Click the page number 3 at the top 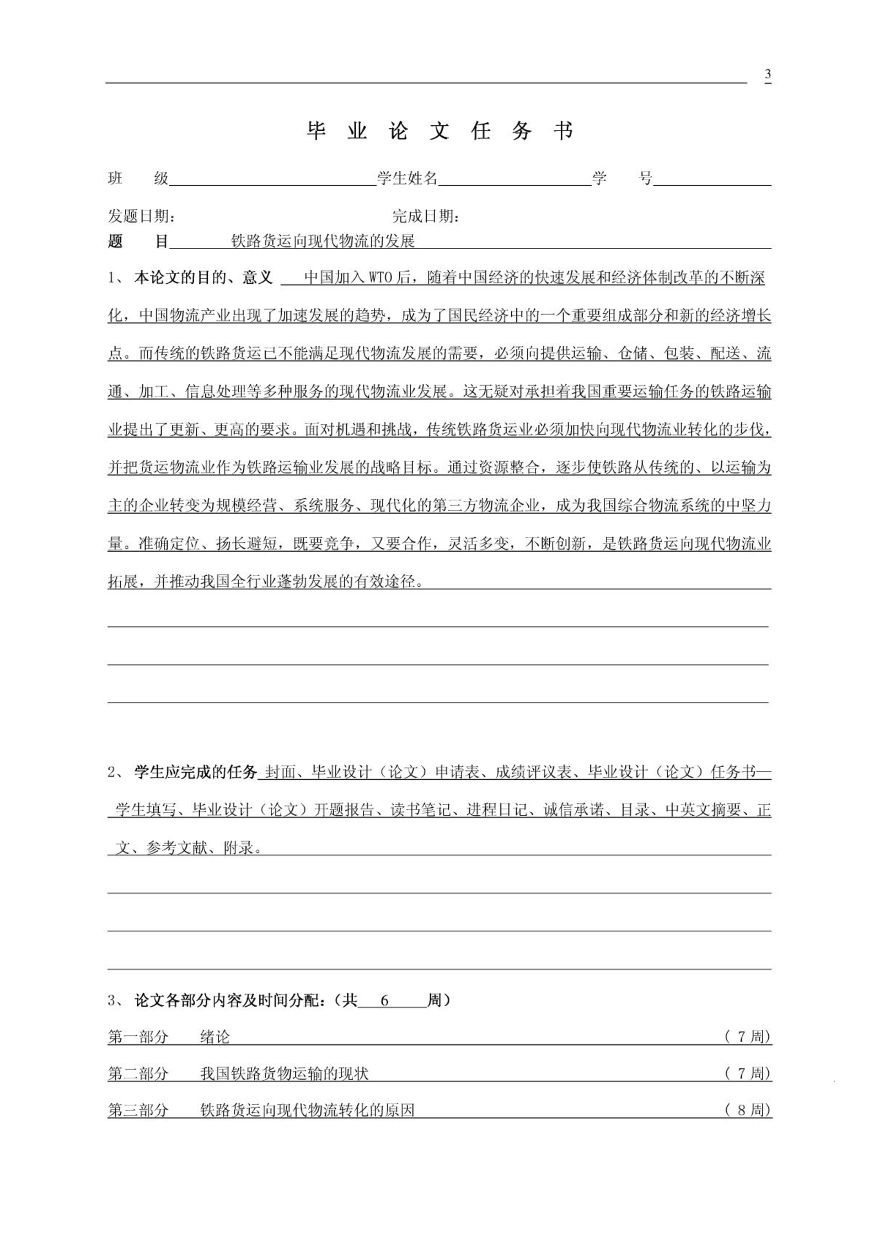(768, 74)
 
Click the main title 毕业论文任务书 (439, 131)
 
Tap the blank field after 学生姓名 (514, 179)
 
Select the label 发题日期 (142, 216)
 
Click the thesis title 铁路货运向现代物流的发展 (323, 241)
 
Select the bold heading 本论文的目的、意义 (203, 278)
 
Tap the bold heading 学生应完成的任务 (196, 772)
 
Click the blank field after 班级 (272, 179)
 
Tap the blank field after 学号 (711, 179)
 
